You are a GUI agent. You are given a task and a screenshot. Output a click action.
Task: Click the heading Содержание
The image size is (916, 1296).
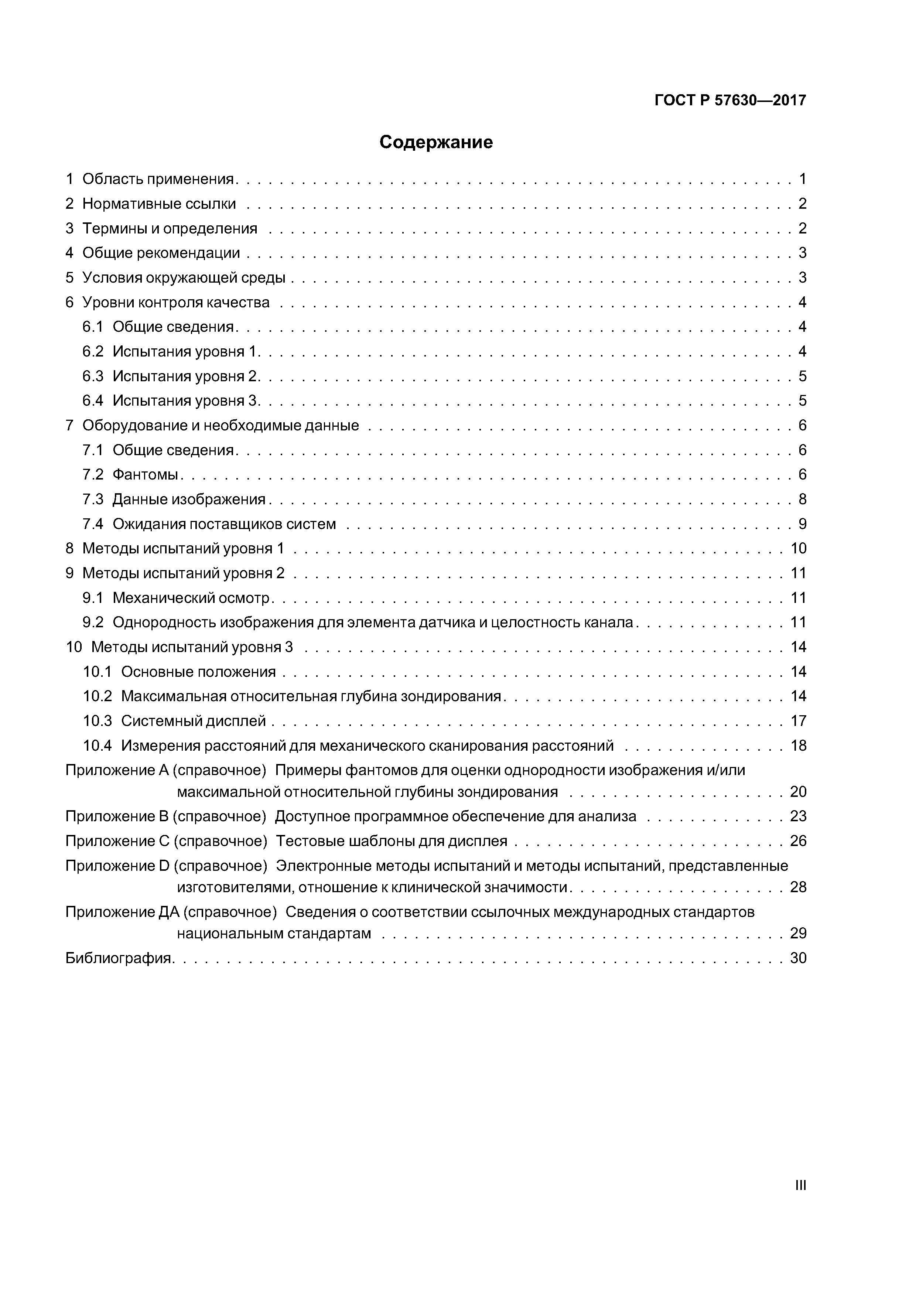coord(436,142)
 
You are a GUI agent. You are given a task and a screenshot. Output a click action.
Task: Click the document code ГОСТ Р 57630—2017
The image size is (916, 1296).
coord(730,100)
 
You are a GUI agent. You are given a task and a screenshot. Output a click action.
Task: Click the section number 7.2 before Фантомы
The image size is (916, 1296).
coord(93,475)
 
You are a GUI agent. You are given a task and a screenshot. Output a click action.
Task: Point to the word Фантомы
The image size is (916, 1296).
coord(146,475)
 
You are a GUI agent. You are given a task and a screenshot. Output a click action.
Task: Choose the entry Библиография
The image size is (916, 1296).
coord(119,958)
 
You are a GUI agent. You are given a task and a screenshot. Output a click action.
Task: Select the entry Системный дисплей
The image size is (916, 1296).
coord(193,722)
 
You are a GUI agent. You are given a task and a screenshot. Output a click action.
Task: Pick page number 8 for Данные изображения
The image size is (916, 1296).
coord(802,499)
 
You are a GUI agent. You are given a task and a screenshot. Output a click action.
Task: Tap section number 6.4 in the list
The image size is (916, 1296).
coord(93,401)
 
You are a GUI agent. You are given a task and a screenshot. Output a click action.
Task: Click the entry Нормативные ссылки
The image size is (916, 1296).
coord(159,204)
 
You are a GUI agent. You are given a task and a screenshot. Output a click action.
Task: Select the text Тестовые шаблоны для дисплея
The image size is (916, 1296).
coord(392,842)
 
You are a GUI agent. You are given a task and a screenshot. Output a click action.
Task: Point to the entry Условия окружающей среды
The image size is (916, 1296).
coord(184,278)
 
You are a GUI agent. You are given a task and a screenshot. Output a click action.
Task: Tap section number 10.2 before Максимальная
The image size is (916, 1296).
coord(98,696)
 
